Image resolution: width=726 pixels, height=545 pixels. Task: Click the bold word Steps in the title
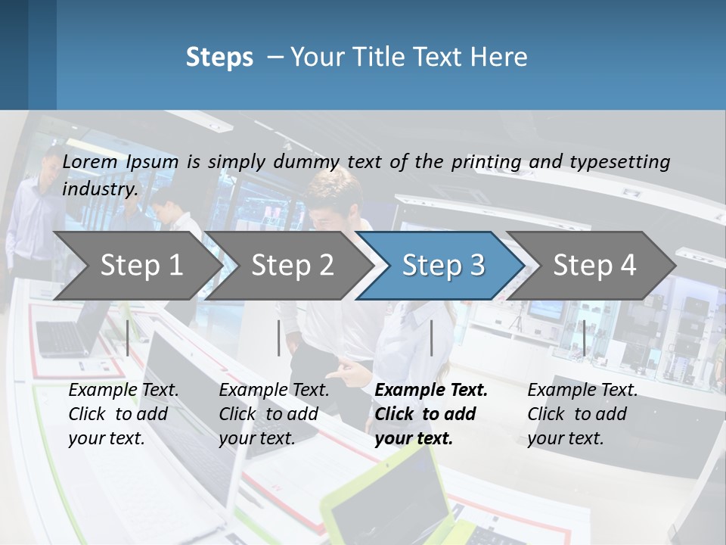219,58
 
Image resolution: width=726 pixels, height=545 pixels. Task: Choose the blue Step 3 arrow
443,265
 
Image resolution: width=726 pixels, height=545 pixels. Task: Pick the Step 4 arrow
594,265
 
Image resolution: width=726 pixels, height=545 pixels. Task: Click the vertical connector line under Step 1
128,338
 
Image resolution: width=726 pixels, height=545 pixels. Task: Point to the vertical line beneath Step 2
279,338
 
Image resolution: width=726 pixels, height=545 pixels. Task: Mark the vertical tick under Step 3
431,338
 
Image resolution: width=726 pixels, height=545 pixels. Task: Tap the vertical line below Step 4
584,338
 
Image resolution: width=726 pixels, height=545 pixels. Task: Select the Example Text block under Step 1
123,414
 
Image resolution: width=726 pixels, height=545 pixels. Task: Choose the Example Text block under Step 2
274,414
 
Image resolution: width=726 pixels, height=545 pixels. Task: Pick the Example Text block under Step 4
582,414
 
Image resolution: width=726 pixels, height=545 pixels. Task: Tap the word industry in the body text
100,188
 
